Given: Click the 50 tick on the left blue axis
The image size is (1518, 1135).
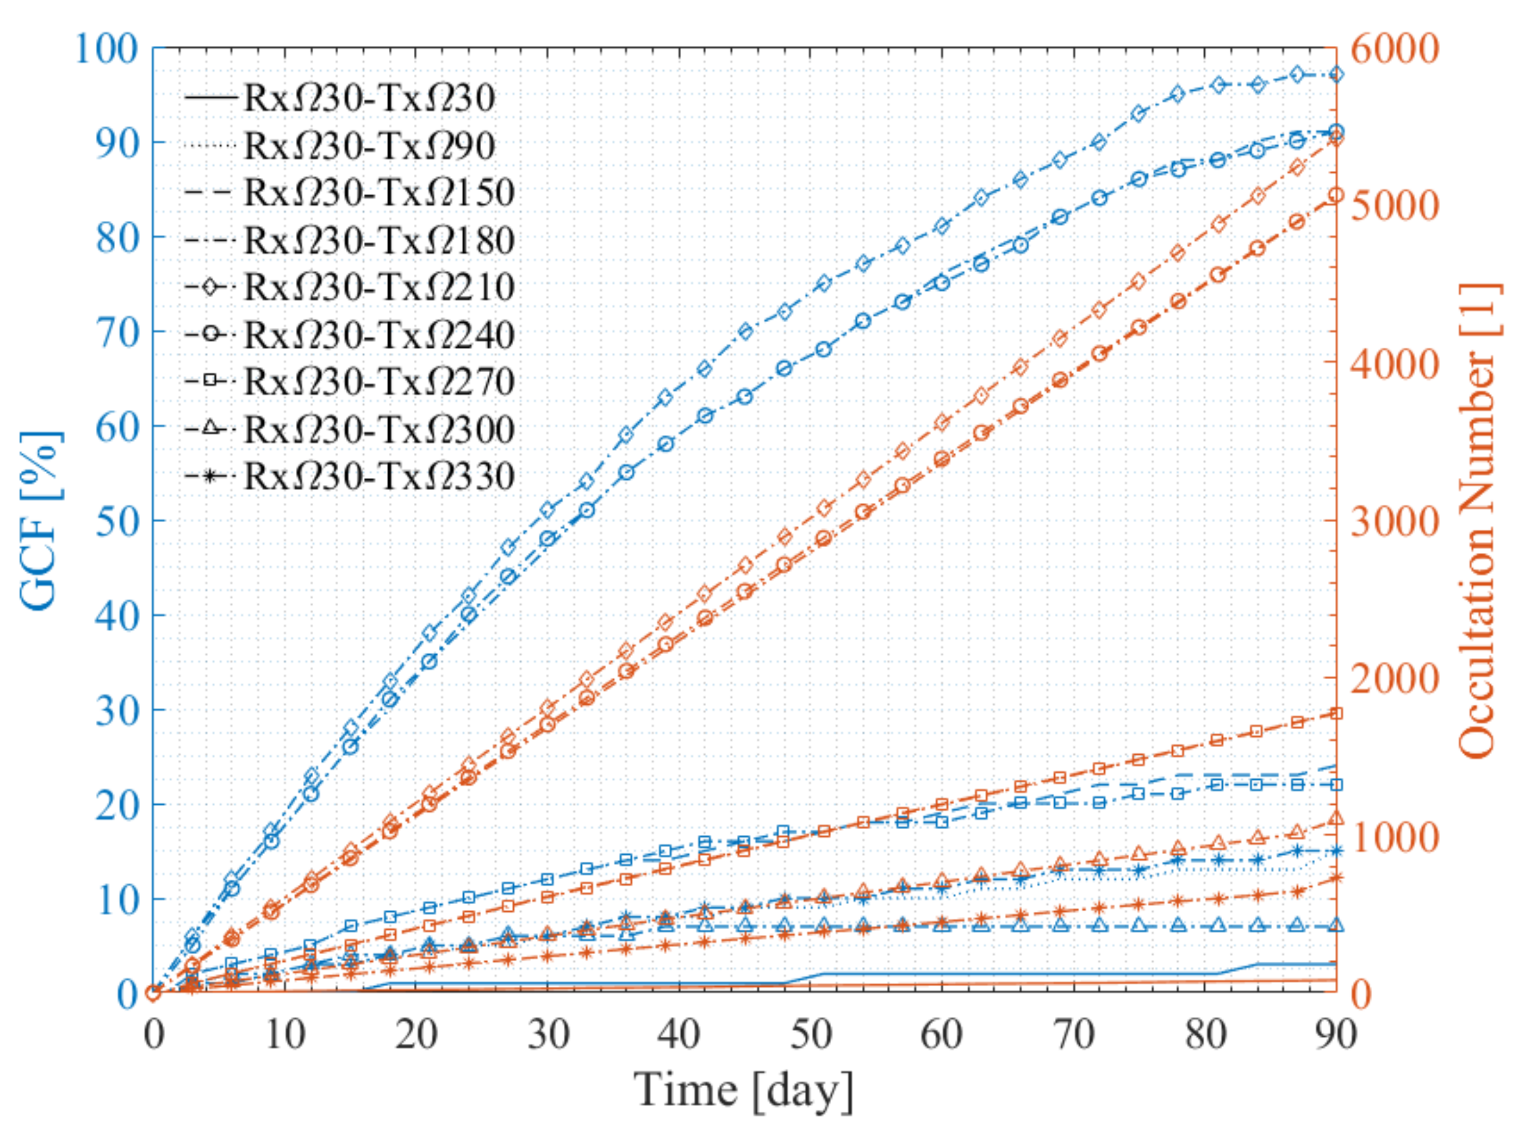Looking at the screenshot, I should click(x=117, y=520).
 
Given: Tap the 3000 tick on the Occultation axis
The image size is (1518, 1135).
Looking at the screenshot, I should click(x=1394, y=520).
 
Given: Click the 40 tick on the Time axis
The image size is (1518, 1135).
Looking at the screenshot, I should click(x=679, y=1033).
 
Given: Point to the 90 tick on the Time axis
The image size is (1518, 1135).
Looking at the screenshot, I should click(x=1336, y=1033).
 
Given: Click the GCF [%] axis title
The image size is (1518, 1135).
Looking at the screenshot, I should click(x=40, y=520).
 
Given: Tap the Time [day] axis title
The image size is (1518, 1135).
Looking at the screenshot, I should click(x=744, y=1090).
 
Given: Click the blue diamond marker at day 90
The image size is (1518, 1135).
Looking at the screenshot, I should click(x=1336, y=74).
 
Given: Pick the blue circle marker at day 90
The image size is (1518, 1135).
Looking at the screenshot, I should click(x=1336, y=132).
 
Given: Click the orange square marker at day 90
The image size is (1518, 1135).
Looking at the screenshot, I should click(x=1336, y=713).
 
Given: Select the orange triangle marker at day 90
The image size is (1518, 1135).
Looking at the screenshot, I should click(x=1336, y=818).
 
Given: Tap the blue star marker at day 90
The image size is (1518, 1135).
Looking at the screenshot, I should click(x=1336, y=851).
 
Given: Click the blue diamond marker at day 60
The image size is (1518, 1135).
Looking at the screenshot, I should click(x=941, y=226).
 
